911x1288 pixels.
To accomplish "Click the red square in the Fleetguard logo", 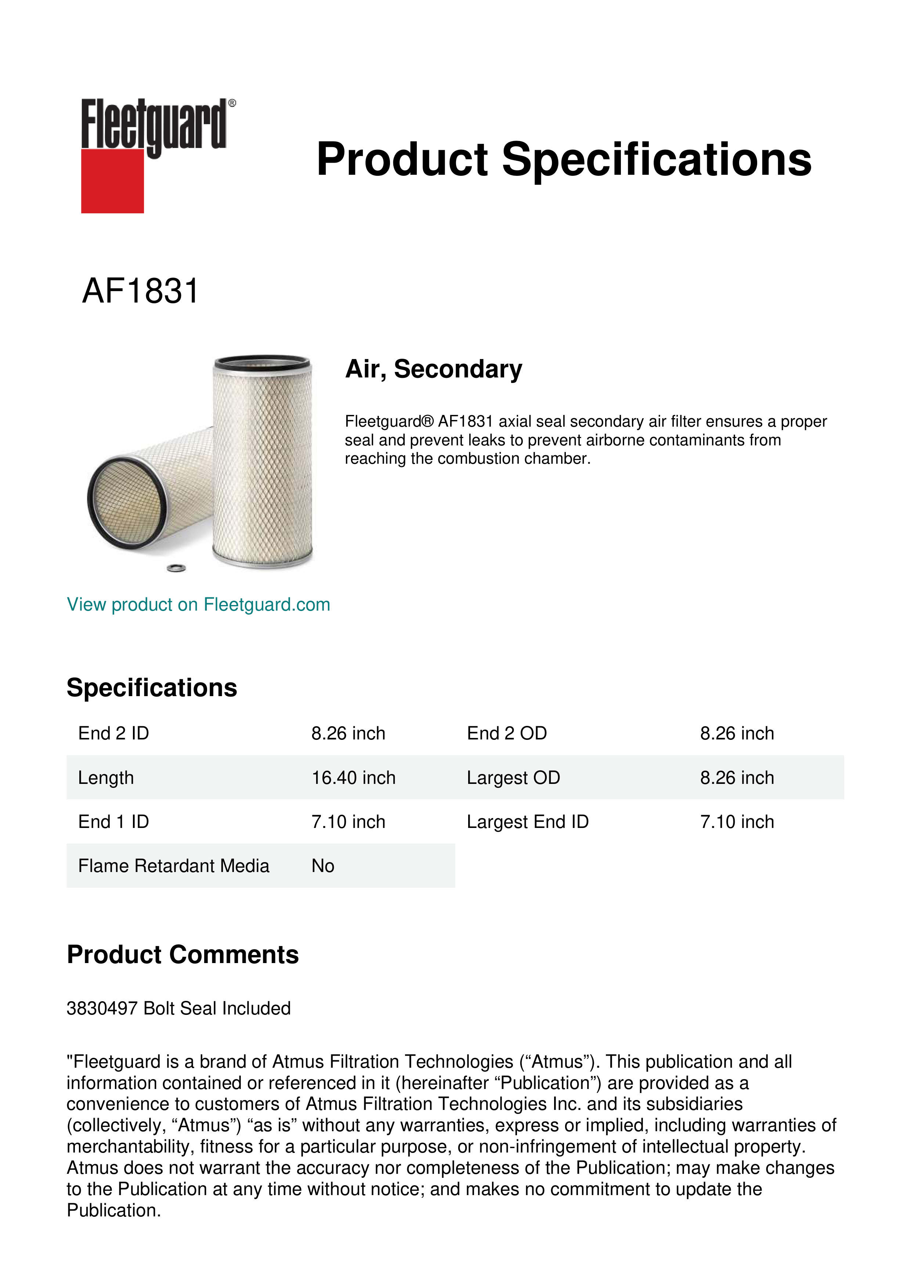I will coord(112,181).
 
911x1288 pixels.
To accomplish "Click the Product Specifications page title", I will coord(563,159).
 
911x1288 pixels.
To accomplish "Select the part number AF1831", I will coord(140,291).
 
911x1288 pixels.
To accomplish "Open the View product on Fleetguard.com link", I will coord(198,604).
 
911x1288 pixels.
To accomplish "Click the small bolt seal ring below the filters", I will coord(177,568).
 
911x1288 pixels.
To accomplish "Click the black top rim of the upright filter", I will coord(262,361).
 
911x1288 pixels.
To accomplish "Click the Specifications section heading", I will coord(151,687).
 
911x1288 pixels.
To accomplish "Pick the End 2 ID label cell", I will coord(113,733).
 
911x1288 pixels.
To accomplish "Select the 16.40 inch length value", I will coord(353,778).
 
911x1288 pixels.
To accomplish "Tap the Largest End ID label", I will coord(527,822).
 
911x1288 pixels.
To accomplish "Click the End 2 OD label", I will coord(507,733).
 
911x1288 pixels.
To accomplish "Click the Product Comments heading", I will coord(182,955).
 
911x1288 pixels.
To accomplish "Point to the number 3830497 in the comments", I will coord(102,1008).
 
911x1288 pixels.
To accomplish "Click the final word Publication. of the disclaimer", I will coord(113,1210).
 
